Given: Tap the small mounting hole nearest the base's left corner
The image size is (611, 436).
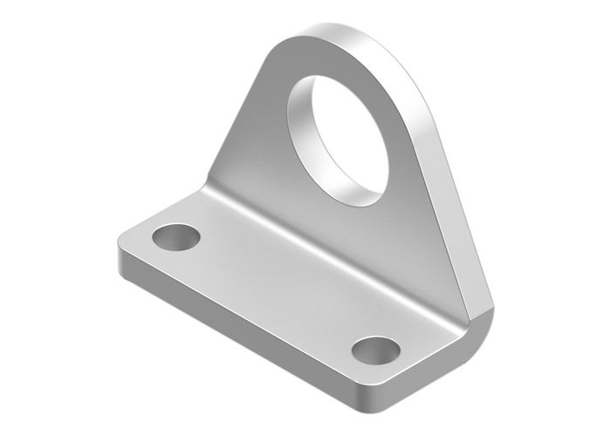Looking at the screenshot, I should (x=175, y=235).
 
